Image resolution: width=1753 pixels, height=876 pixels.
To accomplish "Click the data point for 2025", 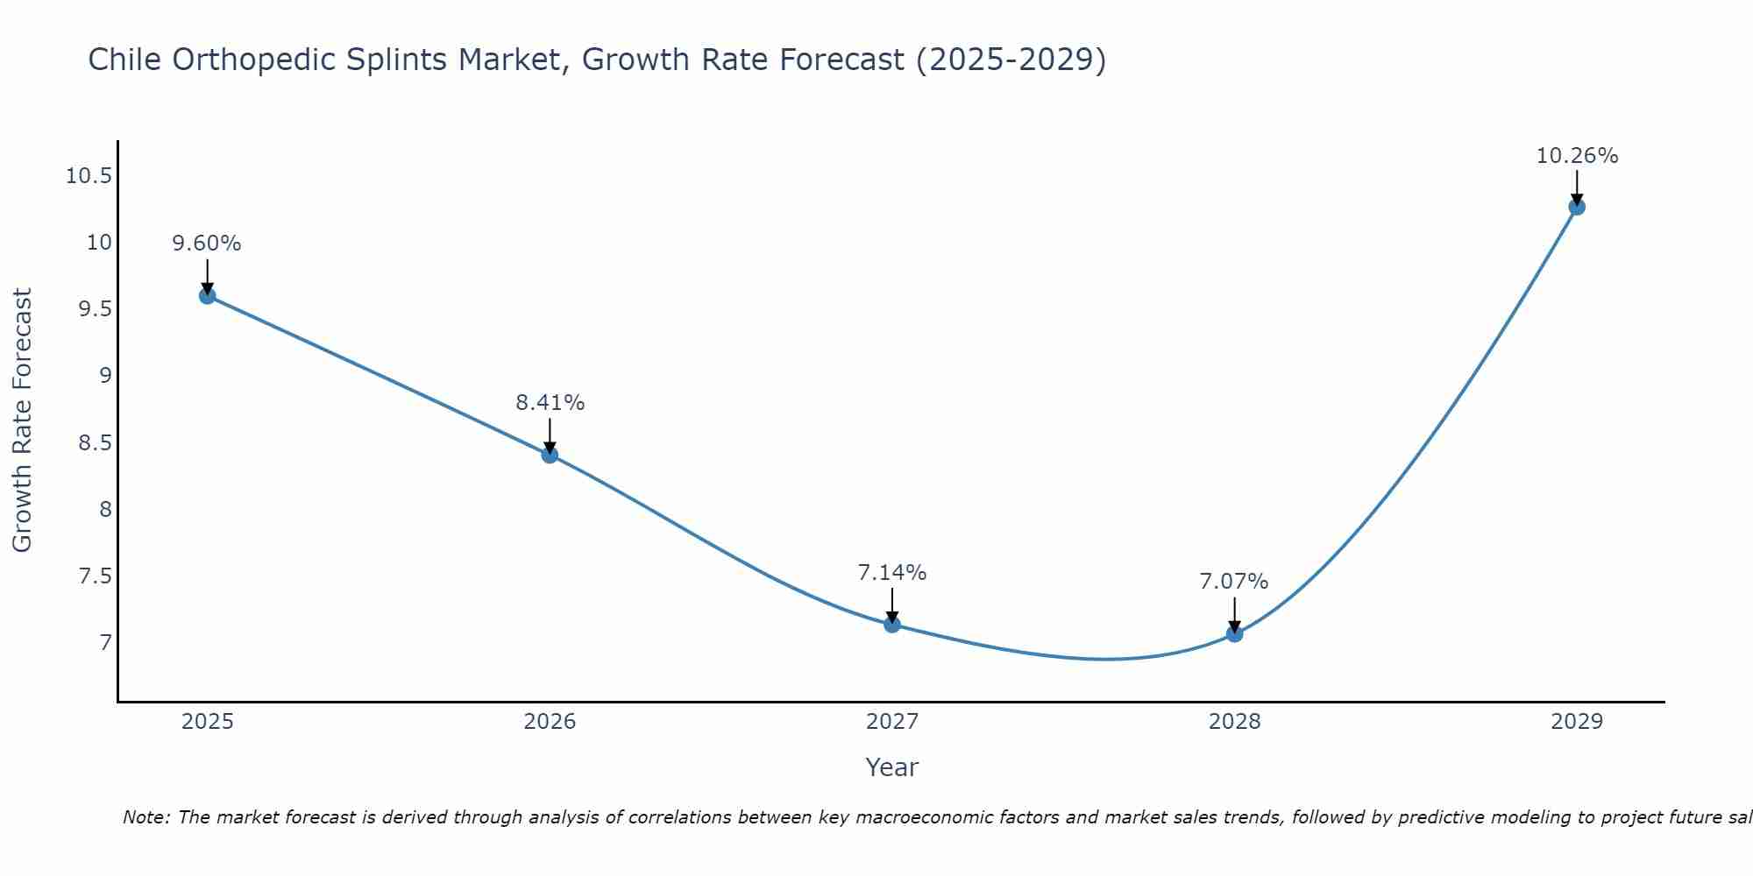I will click(207, 296).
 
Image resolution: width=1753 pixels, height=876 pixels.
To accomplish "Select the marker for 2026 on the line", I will click(550, 455).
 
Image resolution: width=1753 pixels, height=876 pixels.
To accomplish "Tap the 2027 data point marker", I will click(892, 625).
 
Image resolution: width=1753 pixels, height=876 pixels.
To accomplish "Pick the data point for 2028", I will click(1234, 633).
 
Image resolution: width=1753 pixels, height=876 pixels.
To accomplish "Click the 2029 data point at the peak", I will click(1577, 208).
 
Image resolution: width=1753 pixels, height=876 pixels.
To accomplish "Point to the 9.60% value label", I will click(207, 244).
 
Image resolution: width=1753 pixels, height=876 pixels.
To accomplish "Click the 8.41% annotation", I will click(550, 403).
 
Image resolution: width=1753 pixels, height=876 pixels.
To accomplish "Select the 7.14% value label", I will click(892, 573).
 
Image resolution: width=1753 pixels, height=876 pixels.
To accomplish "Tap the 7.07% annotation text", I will click(1234, 582).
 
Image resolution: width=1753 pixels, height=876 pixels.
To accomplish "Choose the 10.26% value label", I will click(1577, 156).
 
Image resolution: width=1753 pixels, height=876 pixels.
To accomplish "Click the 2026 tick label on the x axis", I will click(550, 722).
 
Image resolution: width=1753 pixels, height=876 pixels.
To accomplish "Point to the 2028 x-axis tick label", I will click(1234, 722).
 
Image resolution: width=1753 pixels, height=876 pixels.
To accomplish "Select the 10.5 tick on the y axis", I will click(89, 176).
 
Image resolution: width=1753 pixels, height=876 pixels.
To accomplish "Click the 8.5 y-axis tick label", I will click(95, 442).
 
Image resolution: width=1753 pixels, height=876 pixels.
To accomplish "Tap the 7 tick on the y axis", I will click(106, 643).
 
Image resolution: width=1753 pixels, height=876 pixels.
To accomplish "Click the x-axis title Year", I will click(891, 767).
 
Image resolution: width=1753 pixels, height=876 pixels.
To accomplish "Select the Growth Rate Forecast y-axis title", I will click(22, 420).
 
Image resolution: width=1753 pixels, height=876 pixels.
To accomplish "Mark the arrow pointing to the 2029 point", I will click(1577, 187).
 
